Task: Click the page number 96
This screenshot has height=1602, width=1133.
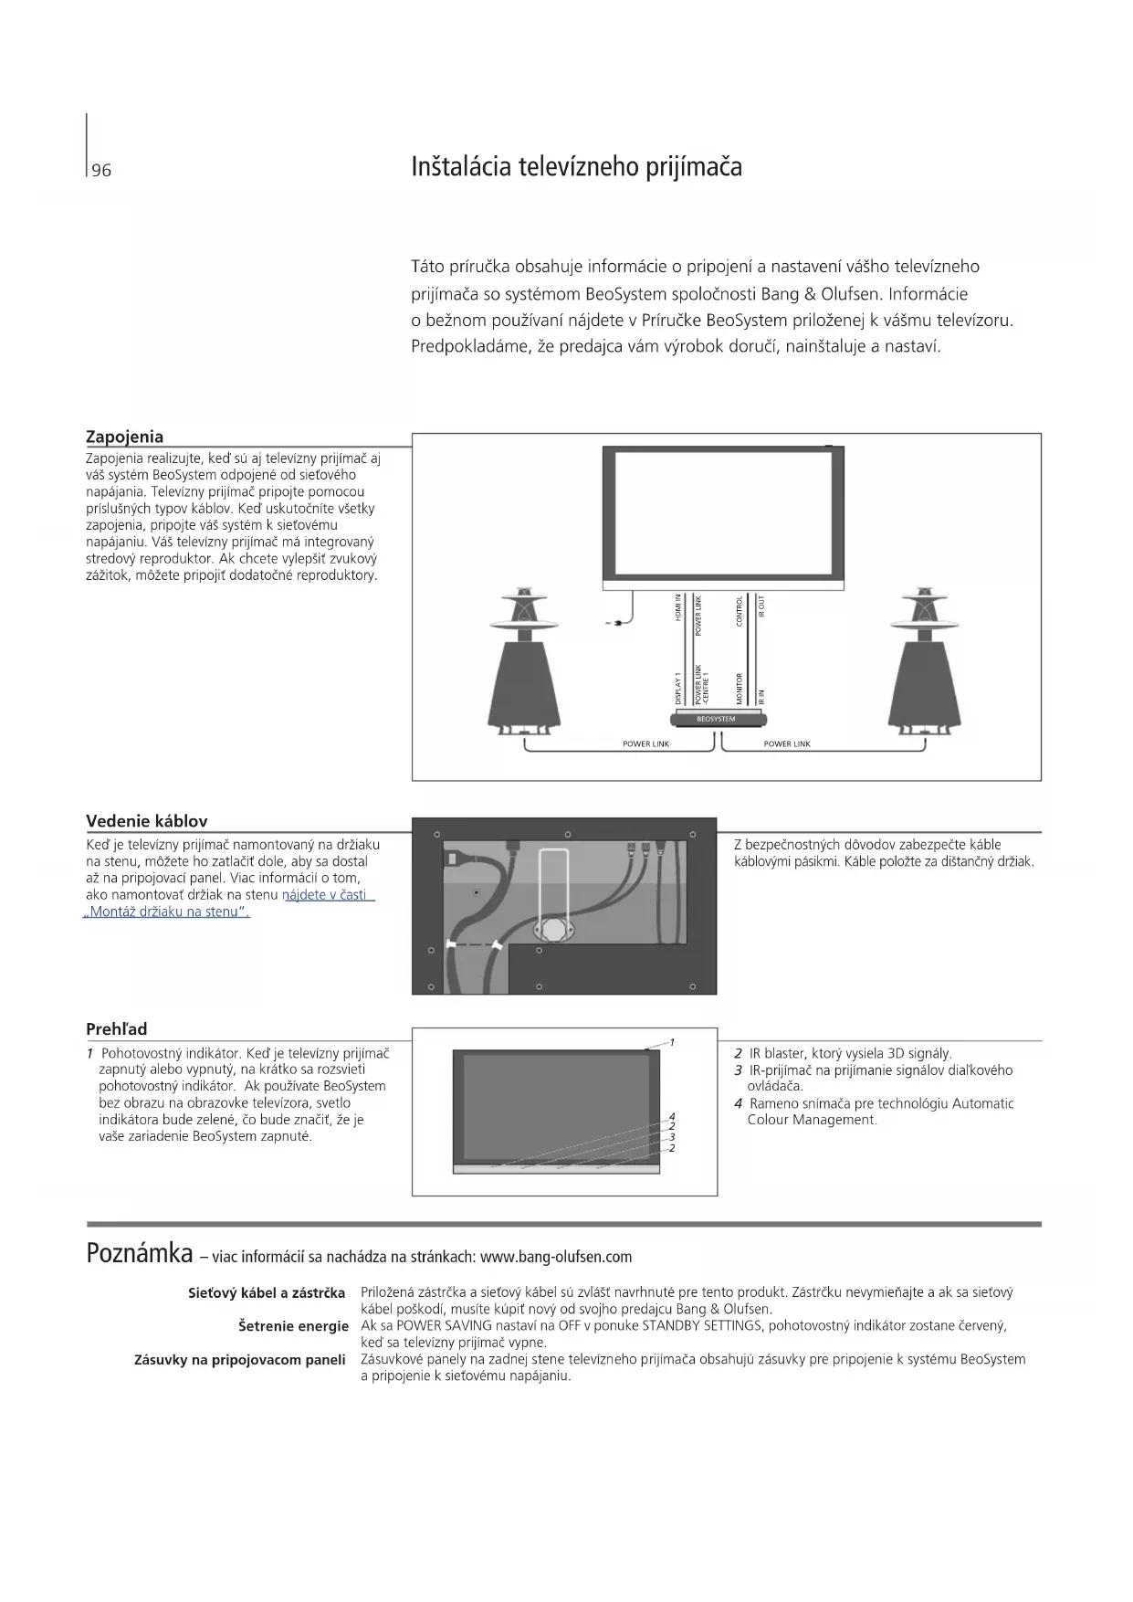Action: (101, 171)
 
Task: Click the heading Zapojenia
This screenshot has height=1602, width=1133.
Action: (124, 437)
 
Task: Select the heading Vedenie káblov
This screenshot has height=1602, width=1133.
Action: (147, 820)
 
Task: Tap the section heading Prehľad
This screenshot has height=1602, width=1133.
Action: (117, 1029)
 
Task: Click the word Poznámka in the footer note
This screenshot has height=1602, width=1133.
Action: (139, 1253)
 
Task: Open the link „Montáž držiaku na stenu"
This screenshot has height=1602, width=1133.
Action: (166, 912)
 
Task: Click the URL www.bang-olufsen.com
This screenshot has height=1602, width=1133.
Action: (555, 1257)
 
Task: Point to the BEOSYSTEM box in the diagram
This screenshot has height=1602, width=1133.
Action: (716, 719)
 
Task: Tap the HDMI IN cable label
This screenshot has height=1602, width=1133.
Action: (678, 608)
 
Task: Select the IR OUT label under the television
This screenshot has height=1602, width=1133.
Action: (762, 606)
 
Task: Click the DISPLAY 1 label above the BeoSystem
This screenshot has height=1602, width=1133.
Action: (678, 687)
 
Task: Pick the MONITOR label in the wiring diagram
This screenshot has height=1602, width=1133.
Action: (740, 688)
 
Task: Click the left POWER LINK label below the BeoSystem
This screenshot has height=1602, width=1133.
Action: (645, 744)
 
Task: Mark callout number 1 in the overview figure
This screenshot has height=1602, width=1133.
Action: (672, 1042)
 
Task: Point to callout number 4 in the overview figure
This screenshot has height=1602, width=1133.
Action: (672, 1116)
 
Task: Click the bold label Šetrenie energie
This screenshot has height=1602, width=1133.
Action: (293, 1326)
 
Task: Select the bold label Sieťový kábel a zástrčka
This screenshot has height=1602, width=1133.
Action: (267, 1293)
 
